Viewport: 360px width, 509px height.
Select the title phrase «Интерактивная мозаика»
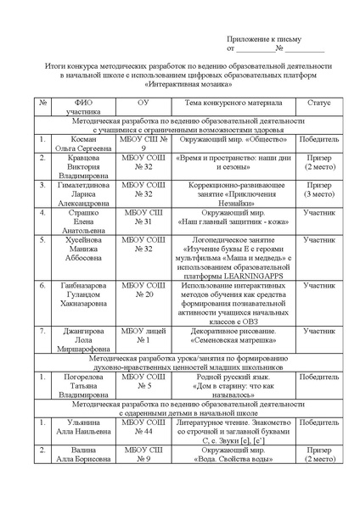pyautogui.click(x=180, y=84)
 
